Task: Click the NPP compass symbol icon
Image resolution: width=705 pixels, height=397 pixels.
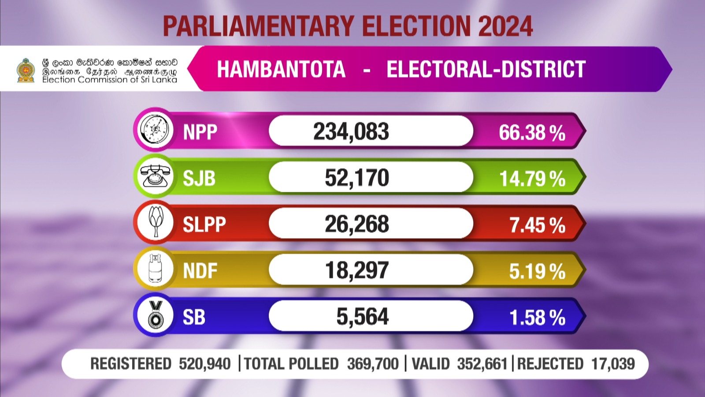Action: coord(155,130)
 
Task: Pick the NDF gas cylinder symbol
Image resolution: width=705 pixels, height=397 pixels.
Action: coord(155,269)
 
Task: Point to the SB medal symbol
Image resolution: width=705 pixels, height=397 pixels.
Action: coord(155,315)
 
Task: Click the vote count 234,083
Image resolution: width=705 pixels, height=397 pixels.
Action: coord(351,131)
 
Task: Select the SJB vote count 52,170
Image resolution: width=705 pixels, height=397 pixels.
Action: coord(357,178)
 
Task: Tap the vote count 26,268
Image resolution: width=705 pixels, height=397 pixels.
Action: coord(357,224)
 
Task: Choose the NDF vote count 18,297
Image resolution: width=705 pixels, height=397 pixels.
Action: coord(357,270)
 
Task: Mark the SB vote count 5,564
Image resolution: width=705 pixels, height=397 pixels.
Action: coord(363,317)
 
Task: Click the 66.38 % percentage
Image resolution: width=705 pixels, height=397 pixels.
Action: coord(532,133)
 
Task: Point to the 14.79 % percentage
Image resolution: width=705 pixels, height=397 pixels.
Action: coord(532,179)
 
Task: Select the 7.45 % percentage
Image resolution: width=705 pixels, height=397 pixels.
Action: coord(537,225)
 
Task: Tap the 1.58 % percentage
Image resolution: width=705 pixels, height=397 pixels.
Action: coord(537,318)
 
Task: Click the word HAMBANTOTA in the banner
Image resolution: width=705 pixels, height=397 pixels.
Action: coord(281,70)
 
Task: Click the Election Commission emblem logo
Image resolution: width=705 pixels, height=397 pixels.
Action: coord(26,71)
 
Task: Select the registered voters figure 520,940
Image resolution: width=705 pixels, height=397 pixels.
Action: coord(204,364)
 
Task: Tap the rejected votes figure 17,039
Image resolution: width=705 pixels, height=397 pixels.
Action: coord(613,364)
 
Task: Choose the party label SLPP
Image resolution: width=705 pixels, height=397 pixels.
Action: coord(204,225)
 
